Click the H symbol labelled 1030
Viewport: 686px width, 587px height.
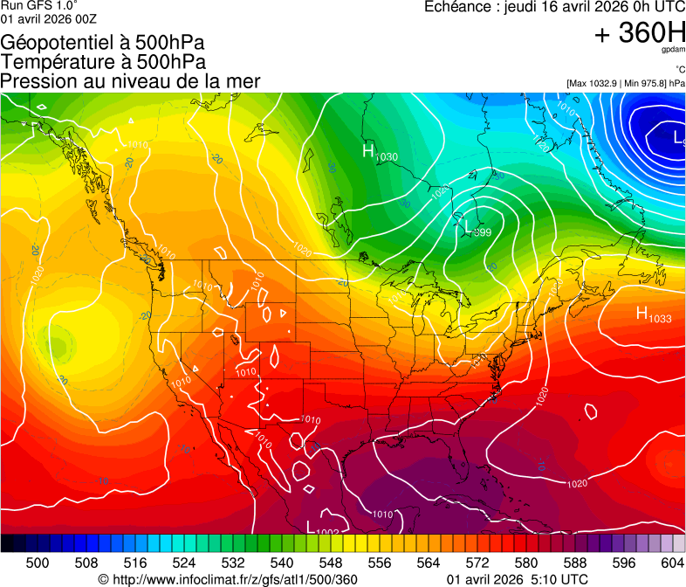pos(368,151)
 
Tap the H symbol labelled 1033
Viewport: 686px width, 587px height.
pos(641,314)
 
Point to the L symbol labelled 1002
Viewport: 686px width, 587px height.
pos(311,526)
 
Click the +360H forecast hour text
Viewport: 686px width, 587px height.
pos(640,33)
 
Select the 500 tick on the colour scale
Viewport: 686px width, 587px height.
pos(38,562)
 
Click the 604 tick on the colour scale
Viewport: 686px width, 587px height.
pos(672,562)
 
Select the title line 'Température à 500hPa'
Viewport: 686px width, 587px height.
pos(104,62)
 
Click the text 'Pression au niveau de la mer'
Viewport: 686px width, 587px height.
pos(131,81)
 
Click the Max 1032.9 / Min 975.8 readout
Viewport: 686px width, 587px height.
pos(625,83)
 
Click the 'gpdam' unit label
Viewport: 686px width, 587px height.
pos(673,51)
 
